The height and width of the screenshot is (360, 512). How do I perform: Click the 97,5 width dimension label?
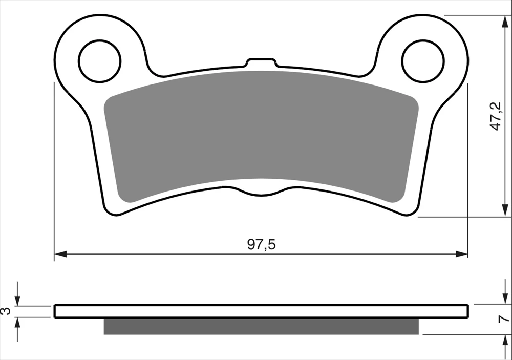click(261, 244)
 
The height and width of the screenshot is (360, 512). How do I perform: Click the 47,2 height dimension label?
click(496, 116)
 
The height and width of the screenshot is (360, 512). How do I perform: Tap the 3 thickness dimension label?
click(6, 311)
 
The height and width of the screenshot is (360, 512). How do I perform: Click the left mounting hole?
click(100, 61)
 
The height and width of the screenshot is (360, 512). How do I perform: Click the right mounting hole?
click(423, 61)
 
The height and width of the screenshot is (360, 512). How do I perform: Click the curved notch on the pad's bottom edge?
click(261, 192)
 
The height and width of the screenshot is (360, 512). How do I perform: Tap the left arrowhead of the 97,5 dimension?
click(60, 254)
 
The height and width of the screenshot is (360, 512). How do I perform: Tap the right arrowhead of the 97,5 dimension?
click(462, 254)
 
